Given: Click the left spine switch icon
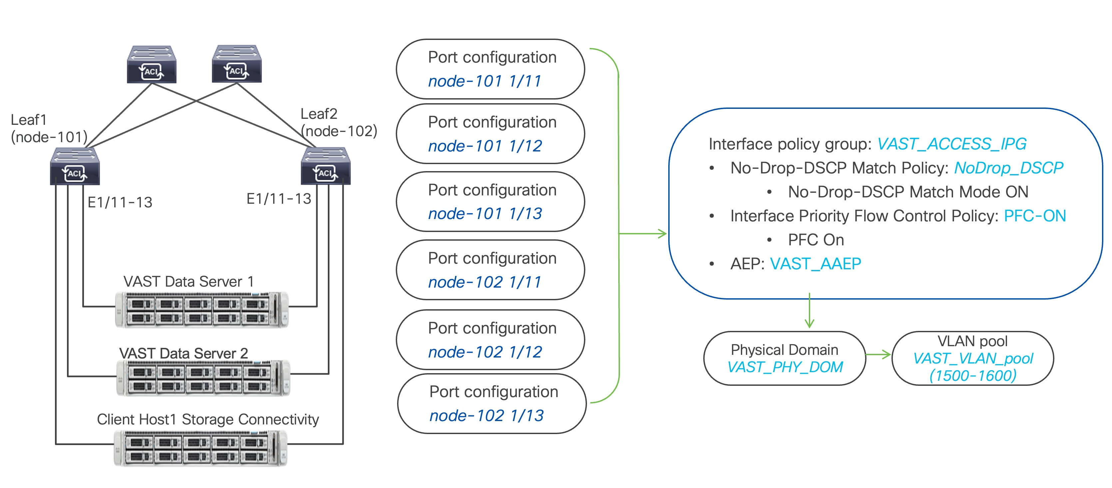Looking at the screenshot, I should coord(152,64).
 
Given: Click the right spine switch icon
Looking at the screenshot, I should coord(237,64).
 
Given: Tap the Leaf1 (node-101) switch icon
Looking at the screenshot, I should coord(75,166).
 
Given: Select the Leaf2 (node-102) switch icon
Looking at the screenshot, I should coord(325,166).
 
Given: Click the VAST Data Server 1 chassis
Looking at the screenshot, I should coord(201,309).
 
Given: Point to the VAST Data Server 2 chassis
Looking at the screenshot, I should coord(203,377).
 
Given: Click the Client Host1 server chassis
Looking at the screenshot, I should coord(200,448).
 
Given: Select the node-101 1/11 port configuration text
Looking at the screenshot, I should coord(484,81).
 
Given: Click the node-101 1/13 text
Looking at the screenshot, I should coord(484,214).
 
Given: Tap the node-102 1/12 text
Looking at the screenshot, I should coord(484,352).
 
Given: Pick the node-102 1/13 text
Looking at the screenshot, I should coord(486,415).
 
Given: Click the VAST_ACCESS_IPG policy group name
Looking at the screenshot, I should coord(951,144).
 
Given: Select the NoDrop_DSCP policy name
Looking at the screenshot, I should coord(1008,168).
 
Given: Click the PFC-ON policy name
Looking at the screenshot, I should coord(1034,216).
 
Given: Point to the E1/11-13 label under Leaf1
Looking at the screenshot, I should coord(120,202).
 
